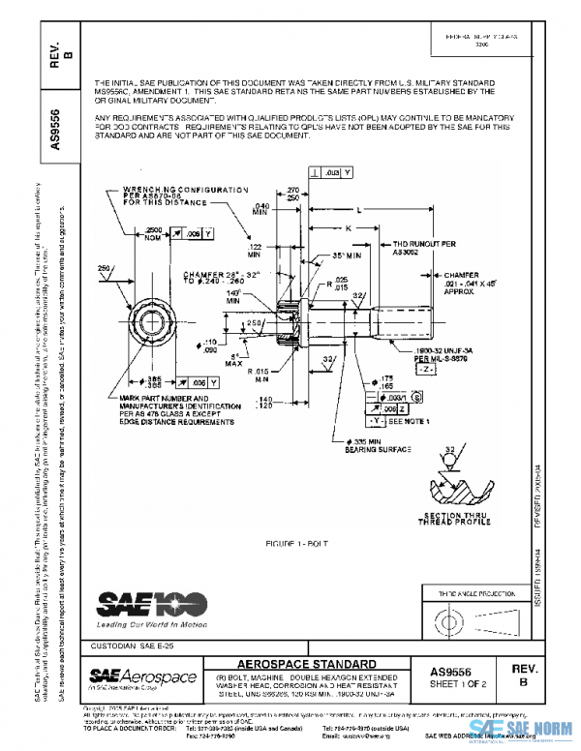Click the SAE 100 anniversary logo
(151, 604)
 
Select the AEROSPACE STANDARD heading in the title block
(307, 663)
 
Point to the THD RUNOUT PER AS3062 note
(424, 248)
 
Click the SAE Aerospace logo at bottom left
(142, 676)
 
